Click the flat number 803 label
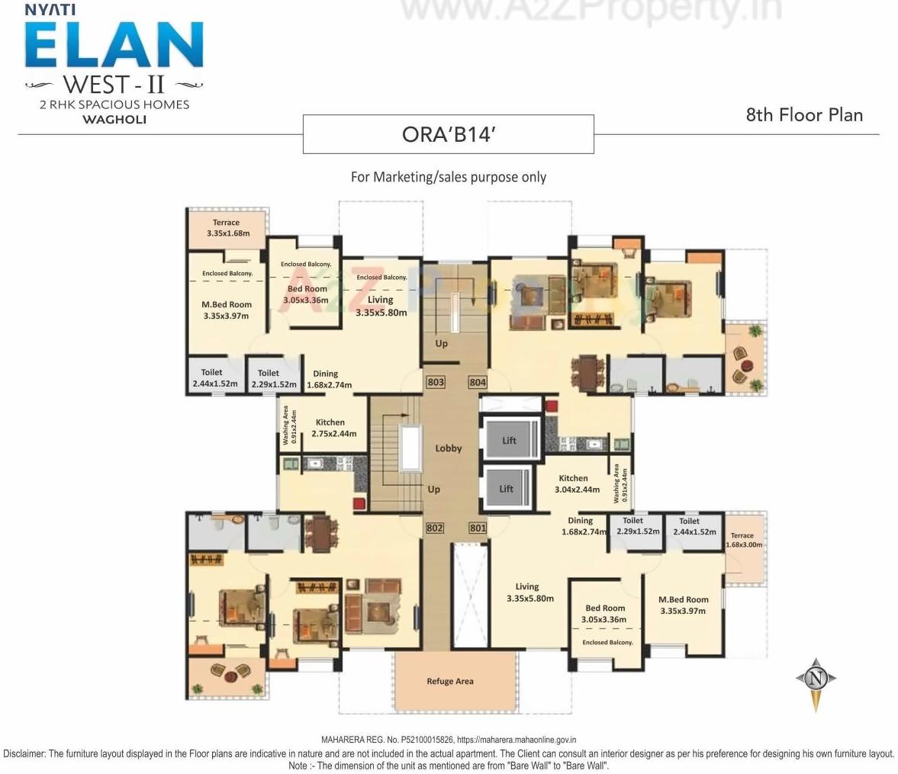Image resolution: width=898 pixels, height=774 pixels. (435, 381)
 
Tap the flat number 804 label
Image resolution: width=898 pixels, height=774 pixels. (478, 381)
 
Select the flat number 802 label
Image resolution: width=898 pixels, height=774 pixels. (435, 528)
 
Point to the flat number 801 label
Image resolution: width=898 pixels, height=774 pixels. (478, 528)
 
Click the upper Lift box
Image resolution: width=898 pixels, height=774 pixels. (509, 440)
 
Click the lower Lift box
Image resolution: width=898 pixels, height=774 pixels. (507, 489)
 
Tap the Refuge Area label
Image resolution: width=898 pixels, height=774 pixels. (449, 681)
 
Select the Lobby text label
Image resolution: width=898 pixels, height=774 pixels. (449, 448)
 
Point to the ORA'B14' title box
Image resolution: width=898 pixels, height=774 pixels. (449, 134)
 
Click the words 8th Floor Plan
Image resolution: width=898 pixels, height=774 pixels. (804, 115)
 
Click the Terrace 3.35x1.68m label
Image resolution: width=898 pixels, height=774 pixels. (227, 228)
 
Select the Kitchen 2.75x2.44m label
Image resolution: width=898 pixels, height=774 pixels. (333, 428)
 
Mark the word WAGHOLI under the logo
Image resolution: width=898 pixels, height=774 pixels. (114, 120)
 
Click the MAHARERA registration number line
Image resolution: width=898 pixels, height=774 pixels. (449, 740)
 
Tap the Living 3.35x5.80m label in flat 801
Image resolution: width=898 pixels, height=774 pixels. (529, 593)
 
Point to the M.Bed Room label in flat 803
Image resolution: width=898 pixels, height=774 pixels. (226, 310)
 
